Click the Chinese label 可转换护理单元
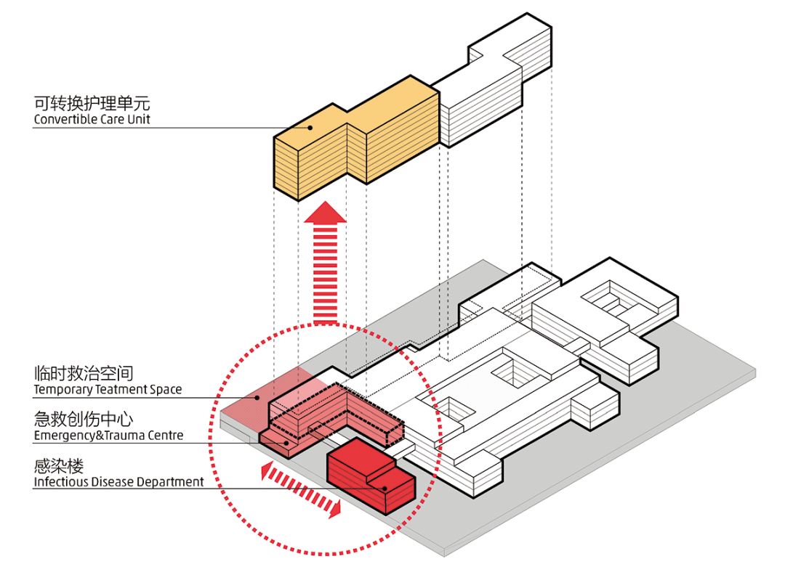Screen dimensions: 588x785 click(92, 102)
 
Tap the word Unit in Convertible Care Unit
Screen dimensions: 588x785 click(138, 119)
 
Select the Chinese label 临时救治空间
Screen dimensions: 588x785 click(83, 374)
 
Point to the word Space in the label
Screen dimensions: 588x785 click(166, 390)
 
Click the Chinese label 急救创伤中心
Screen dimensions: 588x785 click(83, 420)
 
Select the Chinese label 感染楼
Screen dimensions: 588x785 click(58, 465)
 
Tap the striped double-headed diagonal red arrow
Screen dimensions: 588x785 click(301, 491)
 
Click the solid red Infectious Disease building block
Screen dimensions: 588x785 click(363, 475)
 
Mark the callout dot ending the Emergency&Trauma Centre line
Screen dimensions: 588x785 click(288, 441)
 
